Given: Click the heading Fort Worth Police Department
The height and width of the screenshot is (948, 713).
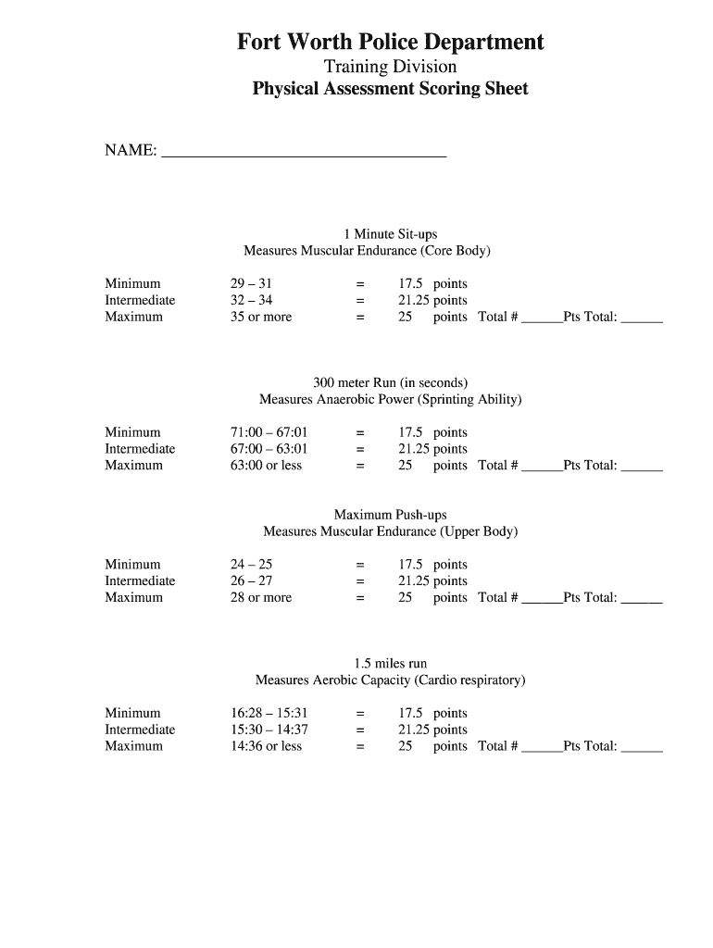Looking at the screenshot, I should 390,42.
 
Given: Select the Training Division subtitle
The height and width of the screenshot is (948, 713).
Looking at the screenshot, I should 390,67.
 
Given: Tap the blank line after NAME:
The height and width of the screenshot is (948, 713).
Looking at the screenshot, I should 304,153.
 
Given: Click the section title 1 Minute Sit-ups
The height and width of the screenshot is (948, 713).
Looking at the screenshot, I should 390,234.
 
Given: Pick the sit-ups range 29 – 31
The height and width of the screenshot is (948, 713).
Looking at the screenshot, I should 251,283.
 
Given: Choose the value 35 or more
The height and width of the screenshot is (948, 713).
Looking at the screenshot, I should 260,317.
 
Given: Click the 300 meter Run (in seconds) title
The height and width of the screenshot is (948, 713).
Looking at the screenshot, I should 390,382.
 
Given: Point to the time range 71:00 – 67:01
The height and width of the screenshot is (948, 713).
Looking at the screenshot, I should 269,432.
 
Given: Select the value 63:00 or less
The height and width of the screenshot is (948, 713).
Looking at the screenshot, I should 266,466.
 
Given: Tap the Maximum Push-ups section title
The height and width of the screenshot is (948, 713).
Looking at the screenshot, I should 390,515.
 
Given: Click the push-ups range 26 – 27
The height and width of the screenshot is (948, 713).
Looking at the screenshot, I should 251,581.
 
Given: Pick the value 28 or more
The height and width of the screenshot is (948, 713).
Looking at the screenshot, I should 260,598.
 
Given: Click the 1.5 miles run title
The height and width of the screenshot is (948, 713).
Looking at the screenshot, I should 390,664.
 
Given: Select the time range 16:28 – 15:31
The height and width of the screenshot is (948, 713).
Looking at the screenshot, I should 269,714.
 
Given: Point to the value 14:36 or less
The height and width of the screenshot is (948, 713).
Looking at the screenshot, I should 266,747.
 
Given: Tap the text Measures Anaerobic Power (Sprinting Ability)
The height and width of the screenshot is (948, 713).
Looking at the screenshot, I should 390,400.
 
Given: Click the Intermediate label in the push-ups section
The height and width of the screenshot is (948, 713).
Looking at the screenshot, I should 140,581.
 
